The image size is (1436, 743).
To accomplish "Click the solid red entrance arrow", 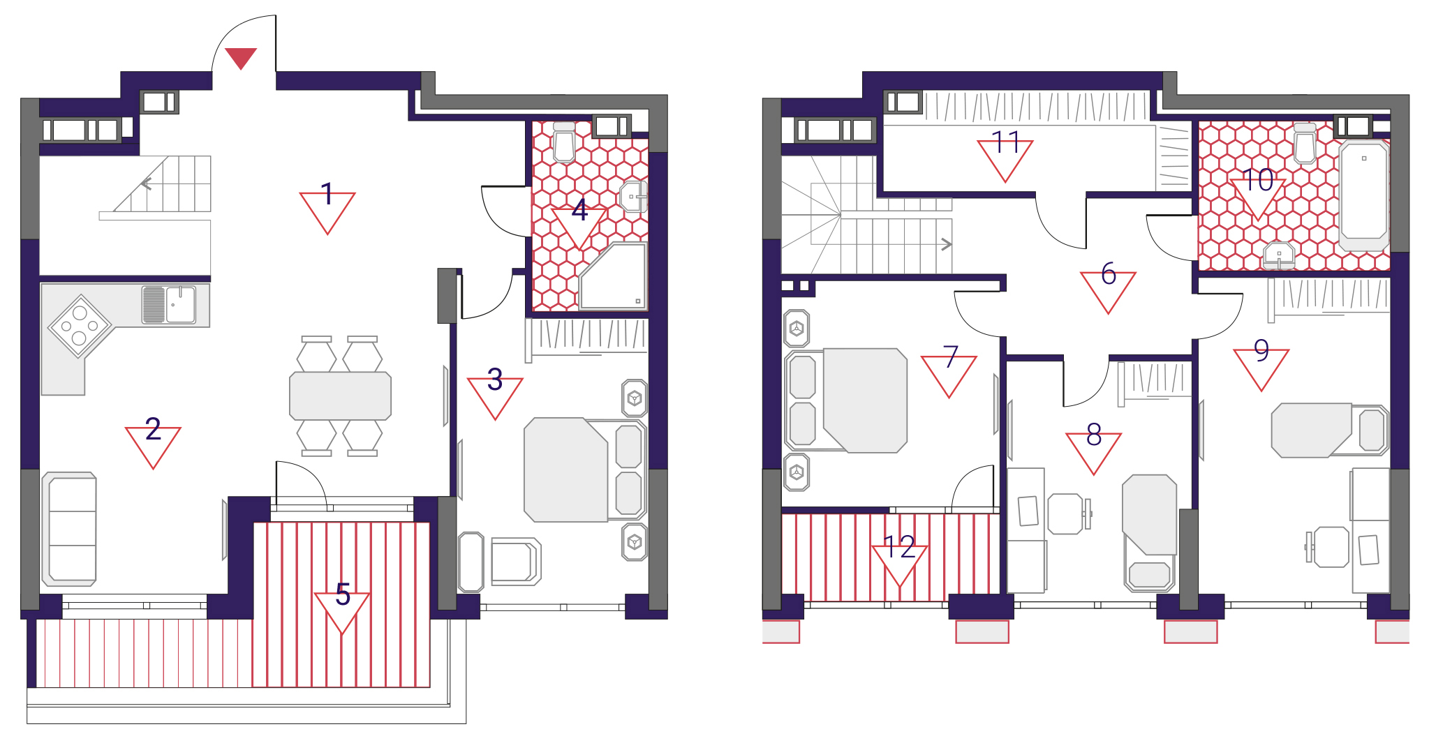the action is pyautogui.click(x=241, y=57).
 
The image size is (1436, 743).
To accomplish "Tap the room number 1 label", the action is pyautogui.click(x=327, y=193).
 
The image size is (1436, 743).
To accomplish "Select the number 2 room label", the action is pyautogui.click(x=153, y=428).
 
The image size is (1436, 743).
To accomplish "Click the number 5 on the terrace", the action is pyautogui.click(x=342, y=594).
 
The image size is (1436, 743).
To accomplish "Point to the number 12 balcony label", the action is pyautogui.click(x=899, y=547).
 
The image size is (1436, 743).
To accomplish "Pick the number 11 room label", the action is pyautogui.click(x=1006, y=142).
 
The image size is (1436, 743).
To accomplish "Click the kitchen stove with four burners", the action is pyautogui.click(x=79, y=327).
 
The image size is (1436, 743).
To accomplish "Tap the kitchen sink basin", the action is pyautogui.click(x=181, y=304).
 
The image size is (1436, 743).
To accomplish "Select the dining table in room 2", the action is pyautogui.click(x=340, y=396).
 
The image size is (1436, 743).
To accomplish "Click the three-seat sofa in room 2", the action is pyautogui.click(x=69, y=529).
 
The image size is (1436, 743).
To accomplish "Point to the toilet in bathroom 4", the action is pyautogui.click(x=563, y=142).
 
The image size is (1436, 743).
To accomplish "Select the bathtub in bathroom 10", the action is pyautogui.click(x=1364, y=195).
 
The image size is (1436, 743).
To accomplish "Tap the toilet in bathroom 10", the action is pyautogui.click(x=1304, y=143).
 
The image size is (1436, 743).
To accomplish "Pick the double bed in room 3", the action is pyautogui.click(x=584, y=470).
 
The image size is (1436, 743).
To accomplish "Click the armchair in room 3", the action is pyautogui.click(x=515, y=561).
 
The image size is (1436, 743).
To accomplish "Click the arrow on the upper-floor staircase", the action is pyautogui.click(x=947, y=244).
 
